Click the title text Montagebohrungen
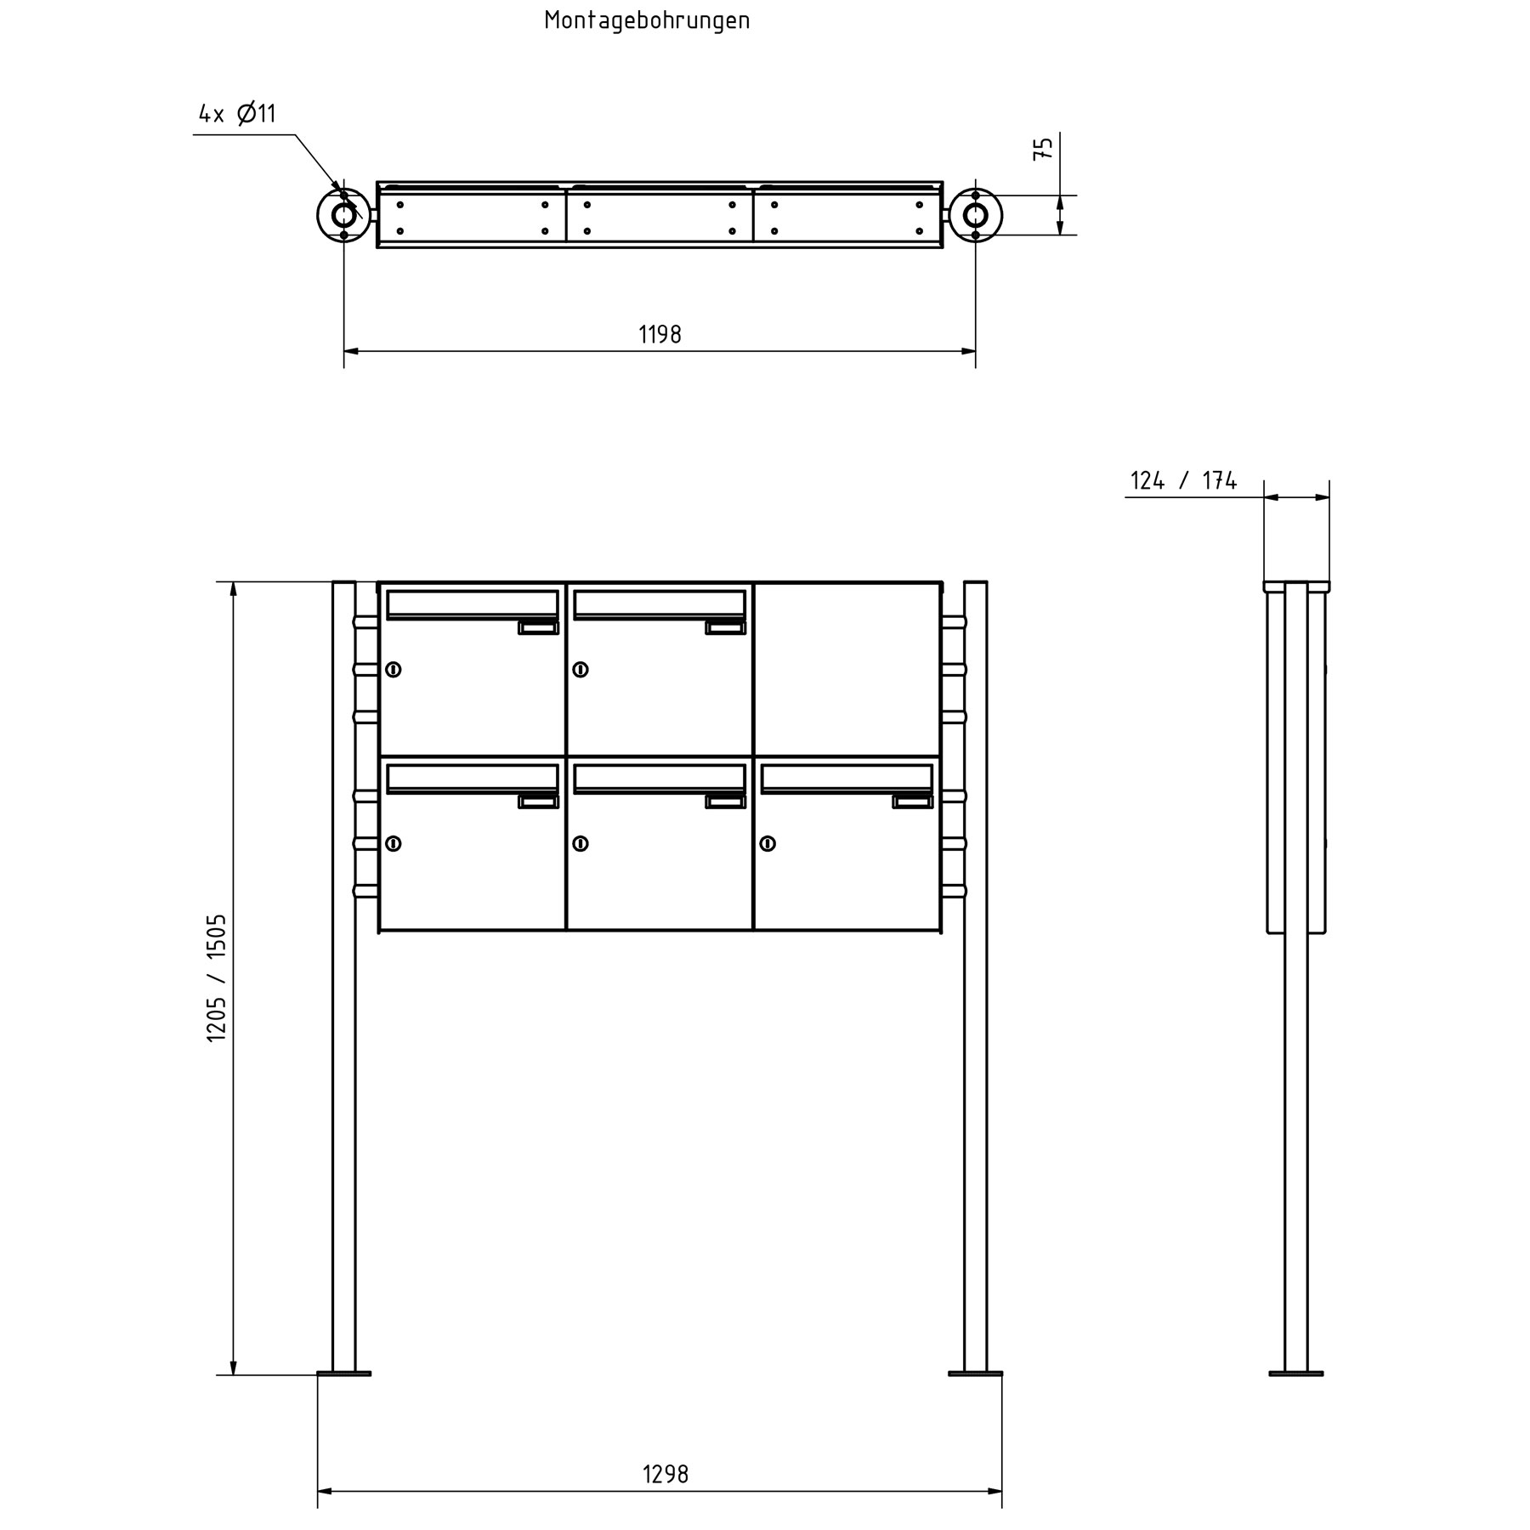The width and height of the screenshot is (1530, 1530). tap(647, 20)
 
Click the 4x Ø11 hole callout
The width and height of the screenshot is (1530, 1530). tap(237, 113)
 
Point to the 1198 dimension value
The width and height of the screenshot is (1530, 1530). tap(660, 335)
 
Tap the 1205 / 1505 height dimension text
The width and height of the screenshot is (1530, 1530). tap(217, 977)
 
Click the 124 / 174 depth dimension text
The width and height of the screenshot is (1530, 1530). tap(1183, 481)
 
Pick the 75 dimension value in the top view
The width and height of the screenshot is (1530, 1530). tap(1044, 147)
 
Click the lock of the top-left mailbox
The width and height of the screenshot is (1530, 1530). tap(394, 670)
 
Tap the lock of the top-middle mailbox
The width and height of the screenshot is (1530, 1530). tap(581, 670)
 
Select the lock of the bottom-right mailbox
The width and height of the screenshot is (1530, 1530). tap(768, 844)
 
